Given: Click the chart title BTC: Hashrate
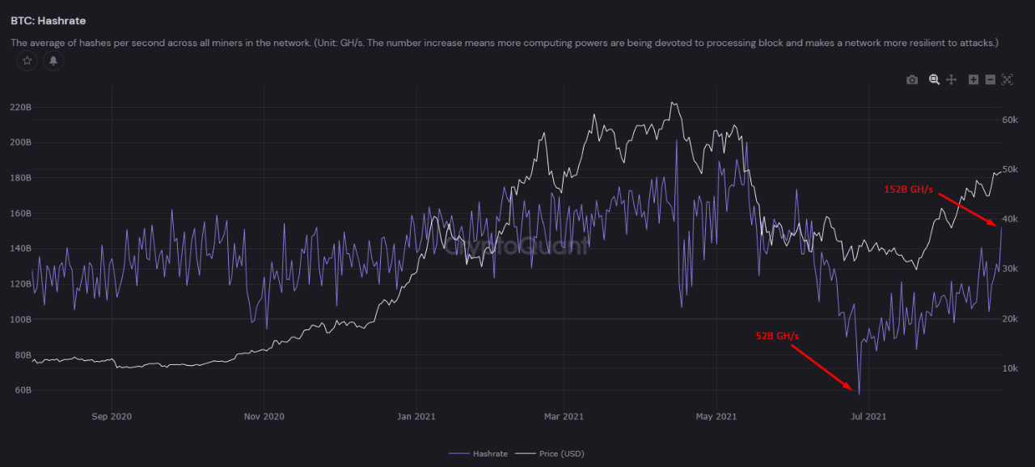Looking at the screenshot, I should [x=48, y=20].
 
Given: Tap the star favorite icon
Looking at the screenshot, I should [x=27, y=61].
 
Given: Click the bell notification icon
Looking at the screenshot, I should [x=53, y=61].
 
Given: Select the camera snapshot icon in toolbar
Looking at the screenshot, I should [x=912, y=79].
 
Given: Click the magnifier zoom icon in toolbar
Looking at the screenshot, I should [x=934, y=79].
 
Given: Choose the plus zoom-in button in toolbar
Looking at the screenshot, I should [x=974, y=79].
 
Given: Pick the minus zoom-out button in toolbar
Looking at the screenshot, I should [x=990, y=79].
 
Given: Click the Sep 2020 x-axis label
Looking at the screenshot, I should [x=112, y=417].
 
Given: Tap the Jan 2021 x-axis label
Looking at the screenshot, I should [x=416, y=417].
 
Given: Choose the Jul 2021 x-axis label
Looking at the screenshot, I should [x=868, y=417].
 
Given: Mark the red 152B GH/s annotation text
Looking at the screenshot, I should [x=908, y=189].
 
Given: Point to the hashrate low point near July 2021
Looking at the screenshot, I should [x=858, y=394].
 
